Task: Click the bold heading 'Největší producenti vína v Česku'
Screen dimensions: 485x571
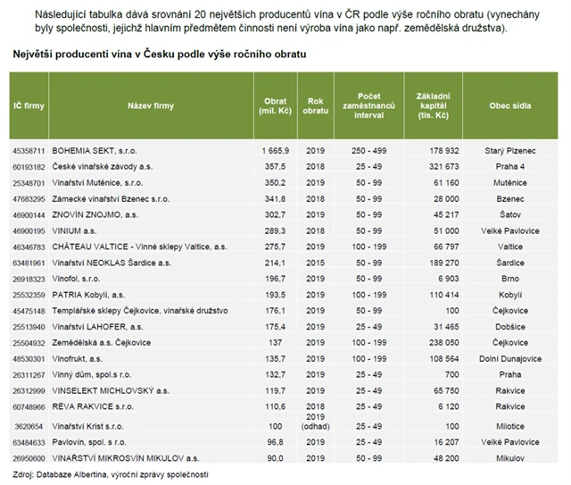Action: tap(160, 54)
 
